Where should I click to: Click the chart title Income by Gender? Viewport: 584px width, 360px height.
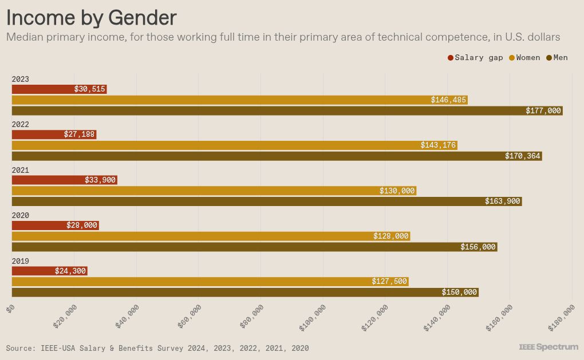coord(91,18)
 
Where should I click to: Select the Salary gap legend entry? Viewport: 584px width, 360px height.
coord(475,58)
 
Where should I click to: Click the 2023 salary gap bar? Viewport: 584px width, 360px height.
coord(59,89)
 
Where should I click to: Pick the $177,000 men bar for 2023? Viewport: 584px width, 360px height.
coord(286,110)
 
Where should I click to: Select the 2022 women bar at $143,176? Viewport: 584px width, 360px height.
coord(234,145)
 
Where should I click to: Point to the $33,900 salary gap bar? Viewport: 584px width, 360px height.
coord(64,180)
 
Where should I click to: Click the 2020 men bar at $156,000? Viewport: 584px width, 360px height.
coord(254,247)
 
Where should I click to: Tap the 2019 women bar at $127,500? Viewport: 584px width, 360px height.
coord(210,282)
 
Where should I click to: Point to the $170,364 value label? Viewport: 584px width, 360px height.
coord(522,156)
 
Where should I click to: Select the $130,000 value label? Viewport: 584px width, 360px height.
coord(397,191)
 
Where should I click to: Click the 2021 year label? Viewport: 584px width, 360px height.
coord(20,171)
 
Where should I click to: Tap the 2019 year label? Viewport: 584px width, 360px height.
coord(20,262)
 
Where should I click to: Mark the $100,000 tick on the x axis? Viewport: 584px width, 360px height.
coord(313,317)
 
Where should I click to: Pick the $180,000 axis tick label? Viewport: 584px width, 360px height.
coord(562,317)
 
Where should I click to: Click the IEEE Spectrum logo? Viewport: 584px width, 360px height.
coord(548,347)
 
